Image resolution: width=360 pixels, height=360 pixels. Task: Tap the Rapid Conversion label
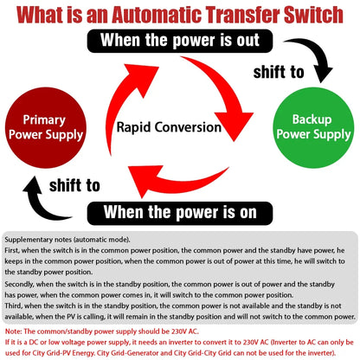tap(170, 126)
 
